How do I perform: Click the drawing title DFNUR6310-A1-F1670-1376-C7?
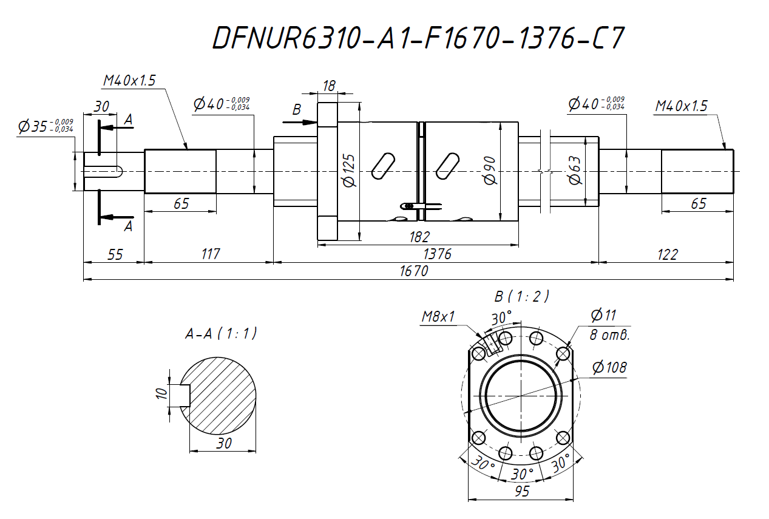(418, 38)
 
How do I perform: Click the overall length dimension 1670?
(414, 271)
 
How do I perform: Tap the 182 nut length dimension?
(419, 237)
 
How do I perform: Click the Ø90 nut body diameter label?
(490, 171)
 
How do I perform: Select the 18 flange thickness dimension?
(329, 86)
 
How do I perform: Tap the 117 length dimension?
(209, 254)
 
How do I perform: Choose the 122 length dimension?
(666, 254)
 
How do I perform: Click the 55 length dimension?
(114, 254)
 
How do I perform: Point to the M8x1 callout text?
(439, 317)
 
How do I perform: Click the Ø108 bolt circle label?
(609, 367)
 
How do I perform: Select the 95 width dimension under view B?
(521, 491)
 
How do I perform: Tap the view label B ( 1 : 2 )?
(521, 296)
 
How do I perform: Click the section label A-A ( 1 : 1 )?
(221, 333)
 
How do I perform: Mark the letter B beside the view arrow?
(297, 110)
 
